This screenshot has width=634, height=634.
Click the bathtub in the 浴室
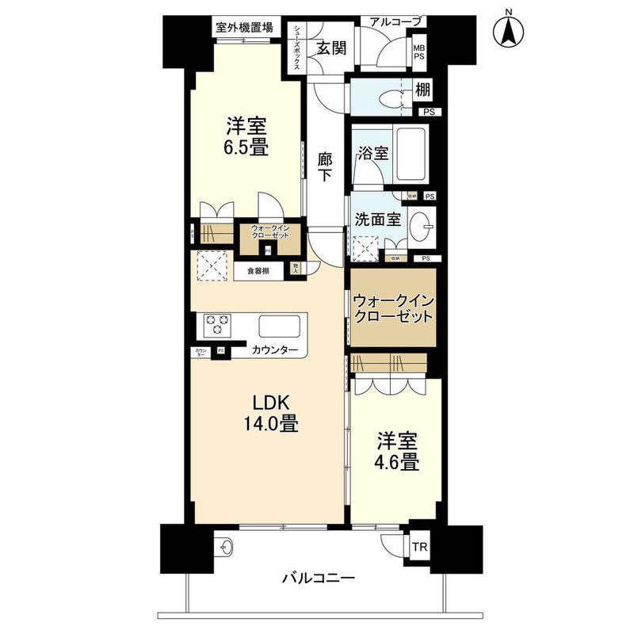click(x=410, y=154)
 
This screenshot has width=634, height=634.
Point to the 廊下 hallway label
click(x=324, y=166)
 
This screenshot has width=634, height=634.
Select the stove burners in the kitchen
click(x=217, y=326)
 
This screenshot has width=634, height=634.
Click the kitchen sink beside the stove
click(x=279, y=326)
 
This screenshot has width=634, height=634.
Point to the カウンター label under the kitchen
click(x=275, y=350)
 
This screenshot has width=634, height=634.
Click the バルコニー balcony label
click(x=318, y=578)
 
